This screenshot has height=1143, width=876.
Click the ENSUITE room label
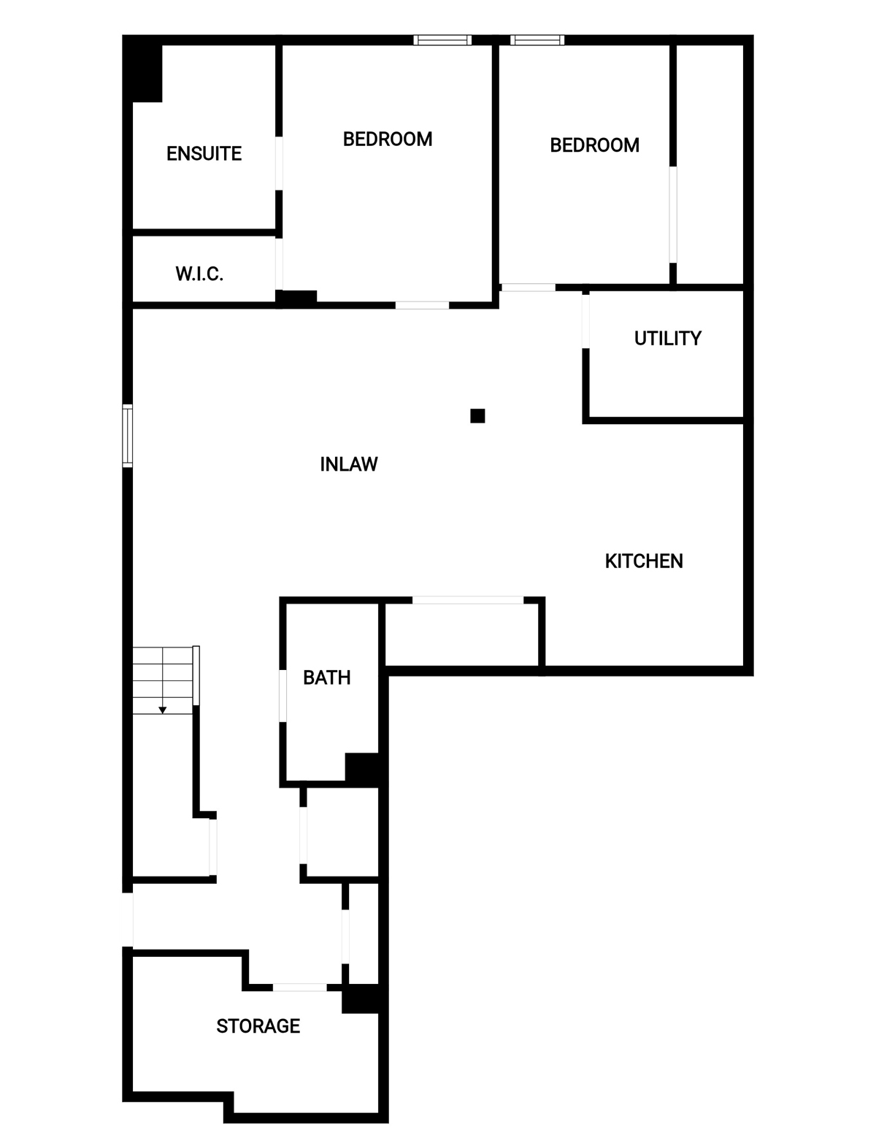pyautogui.click(x=204, y=153)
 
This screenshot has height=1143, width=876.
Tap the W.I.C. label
pyautogui.click(x=199, y=274)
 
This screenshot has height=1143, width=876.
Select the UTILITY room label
pyautogui.click(x=668, y=338)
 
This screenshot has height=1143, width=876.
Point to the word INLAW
pyautogui.click(x=349, y=464)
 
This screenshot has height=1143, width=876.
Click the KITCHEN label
pyautogui.click(x=644, y=561)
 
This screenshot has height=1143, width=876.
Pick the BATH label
pyautogui.click(x=327, y=677)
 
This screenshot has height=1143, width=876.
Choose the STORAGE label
pyautogui.click(x=258, y=1025)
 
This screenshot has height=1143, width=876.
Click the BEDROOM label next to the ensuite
pyautogui.click(x=388, y=139)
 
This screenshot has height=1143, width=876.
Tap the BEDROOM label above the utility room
pyautogui.click(x=594, y=145)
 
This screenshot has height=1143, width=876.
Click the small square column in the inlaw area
pyautogui.click(x=477, y=415)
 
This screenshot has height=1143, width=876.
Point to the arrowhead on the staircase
pyautogui.click(x=163, y=710)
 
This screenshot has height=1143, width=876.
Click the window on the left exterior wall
pyautogui.click(x=127, y=436)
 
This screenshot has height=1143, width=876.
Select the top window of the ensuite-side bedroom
pyautogui.click(x=442, y=40)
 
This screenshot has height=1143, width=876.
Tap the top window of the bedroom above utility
pyautogui.click(x=537, y=40)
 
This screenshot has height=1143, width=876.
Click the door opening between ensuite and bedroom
pyautogui.click(x=279, y=163)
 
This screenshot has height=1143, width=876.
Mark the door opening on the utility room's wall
pyautogui.click(x=585, y=321)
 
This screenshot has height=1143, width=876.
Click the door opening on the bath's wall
pyautogui.click(x=283, y=696)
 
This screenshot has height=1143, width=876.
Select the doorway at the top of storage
pyautogui.click(x=300, y=988)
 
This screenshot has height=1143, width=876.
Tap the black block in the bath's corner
pyautogui.click(x=362, y=770)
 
